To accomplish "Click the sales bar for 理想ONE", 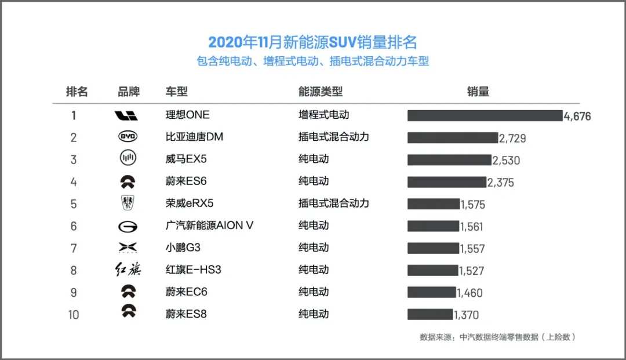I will click(x=485, y=115).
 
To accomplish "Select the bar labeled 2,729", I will click(x=453, y=137).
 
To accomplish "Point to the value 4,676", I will click(x=577, y=116).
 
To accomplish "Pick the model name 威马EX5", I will click(x=186, y=159).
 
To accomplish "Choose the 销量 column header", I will click(x=478, y=92).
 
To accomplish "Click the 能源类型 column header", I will click(x=321, y=92).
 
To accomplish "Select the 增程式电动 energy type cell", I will click(x=324, y=115).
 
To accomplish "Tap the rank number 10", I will click(x=74, y=314).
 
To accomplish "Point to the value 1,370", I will click(x=467, y=315).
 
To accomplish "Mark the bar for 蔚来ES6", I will click(x=446, y=182).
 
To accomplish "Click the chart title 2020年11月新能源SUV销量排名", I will click(x=312, y=42).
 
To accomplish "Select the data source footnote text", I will click(x=497, y=337).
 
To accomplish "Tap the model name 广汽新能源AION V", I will click(x=209, y=226).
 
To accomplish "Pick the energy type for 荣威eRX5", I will click(x=333, y=203).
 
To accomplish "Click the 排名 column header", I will click(x=77, y=92).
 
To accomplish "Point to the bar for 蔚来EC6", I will click(x=431, y=292).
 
